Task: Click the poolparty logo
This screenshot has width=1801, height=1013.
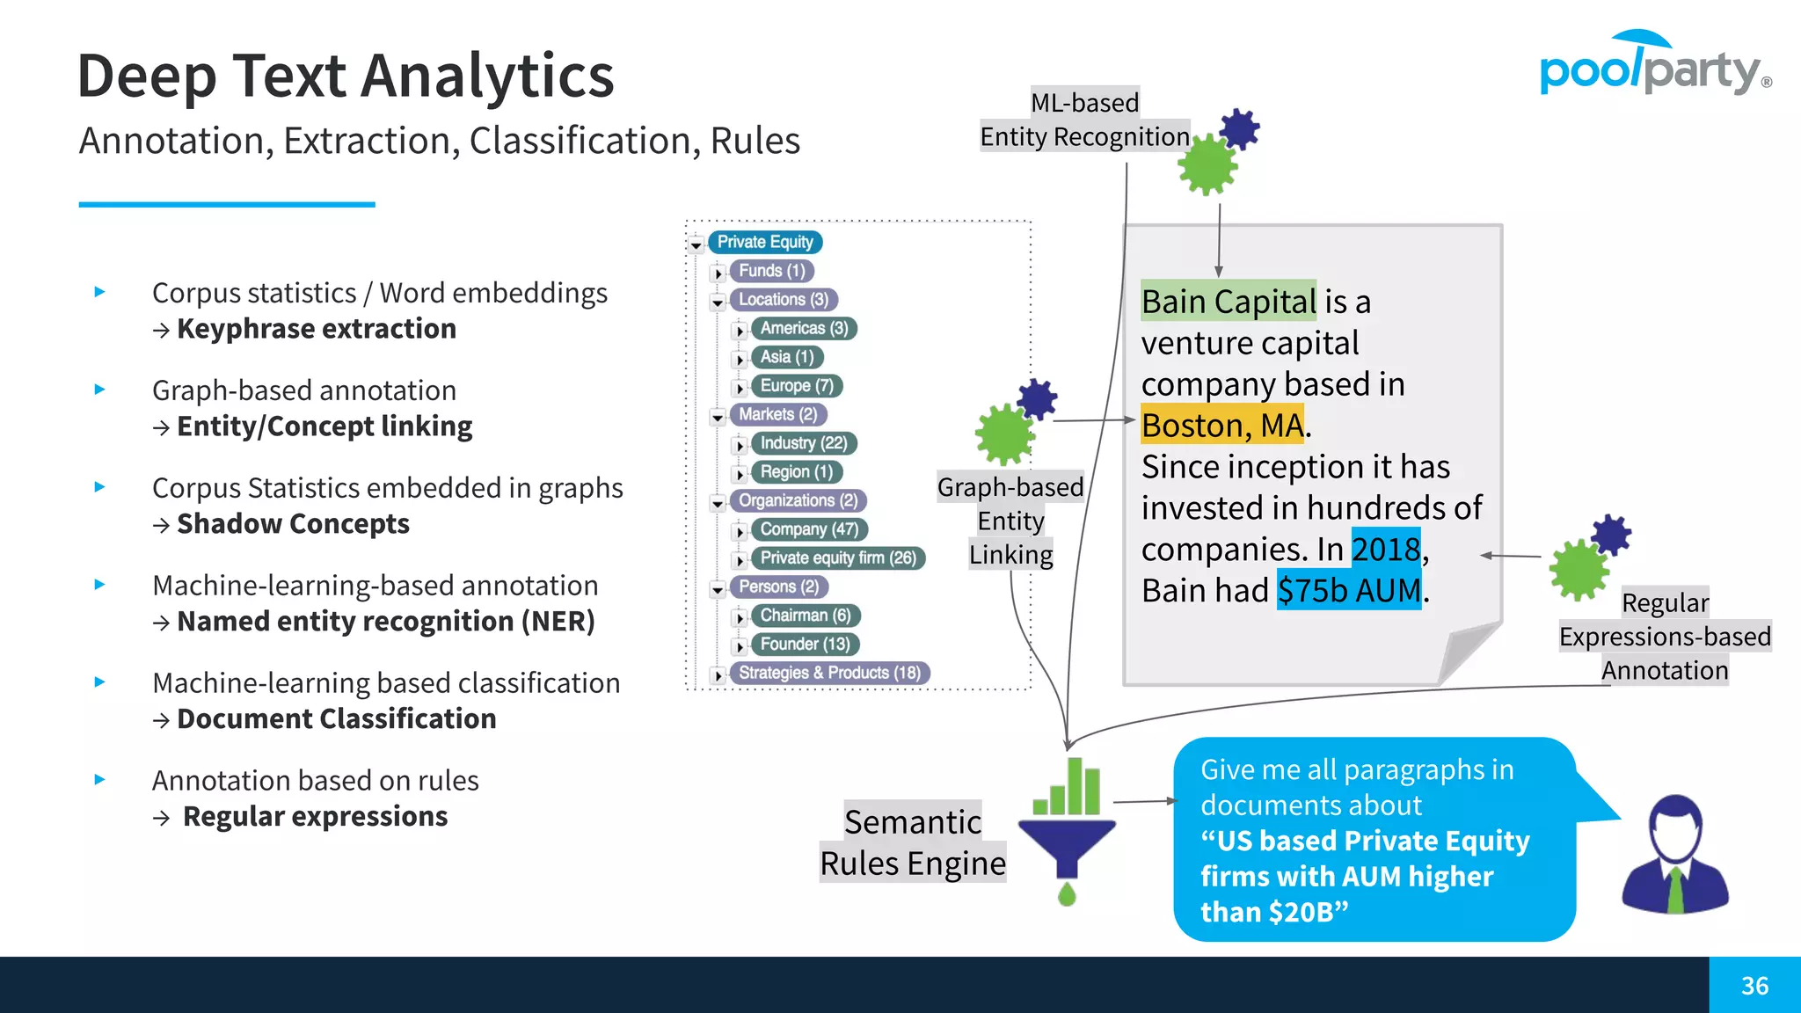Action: [x=1653, y=67]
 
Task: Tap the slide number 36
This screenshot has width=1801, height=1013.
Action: [x=1754, y=986]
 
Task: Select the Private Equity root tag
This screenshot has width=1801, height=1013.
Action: [x=764, y=242]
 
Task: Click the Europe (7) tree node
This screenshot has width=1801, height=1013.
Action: [x=797, y=386]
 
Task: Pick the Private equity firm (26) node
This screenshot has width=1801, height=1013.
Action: [x=837, y=558]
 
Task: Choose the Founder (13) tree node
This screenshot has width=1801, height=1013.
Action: [x=805, y=645]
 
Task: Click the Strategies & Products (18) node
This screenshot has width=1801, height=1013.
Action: [x=829, y=674]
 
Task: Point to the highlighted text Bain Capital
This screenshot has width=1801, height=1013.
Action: [x=1228, y=302]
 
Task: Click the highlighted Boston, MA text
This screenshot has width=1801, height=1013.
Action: [x=1222, y=426]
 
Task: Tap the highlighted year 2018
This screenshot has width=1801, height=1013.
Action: [x=1386, y=550]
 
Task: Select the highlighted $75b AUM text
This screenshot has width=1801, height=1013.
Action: [x=1349, y=591]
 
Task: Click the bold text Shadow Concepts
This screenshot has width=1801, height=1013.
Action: [x=293, y=524]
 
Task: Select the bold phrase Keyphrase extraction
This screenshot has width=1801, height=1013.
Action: [x=317, y=329]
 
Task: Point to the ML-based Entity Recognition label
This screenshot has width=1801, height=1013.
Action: [x=1084, y=120]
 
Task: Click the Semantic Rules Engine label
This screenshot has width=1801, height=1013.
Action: [x=913, y=842]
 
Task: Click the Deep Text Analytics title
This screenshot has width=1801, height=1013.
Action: [x=346, y=76]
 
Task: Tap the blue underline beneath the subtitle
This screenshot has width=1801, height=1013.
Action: [x=227, y=205]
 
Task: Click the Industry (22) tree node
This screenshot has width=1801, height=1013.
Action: [x=803, y=443]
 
